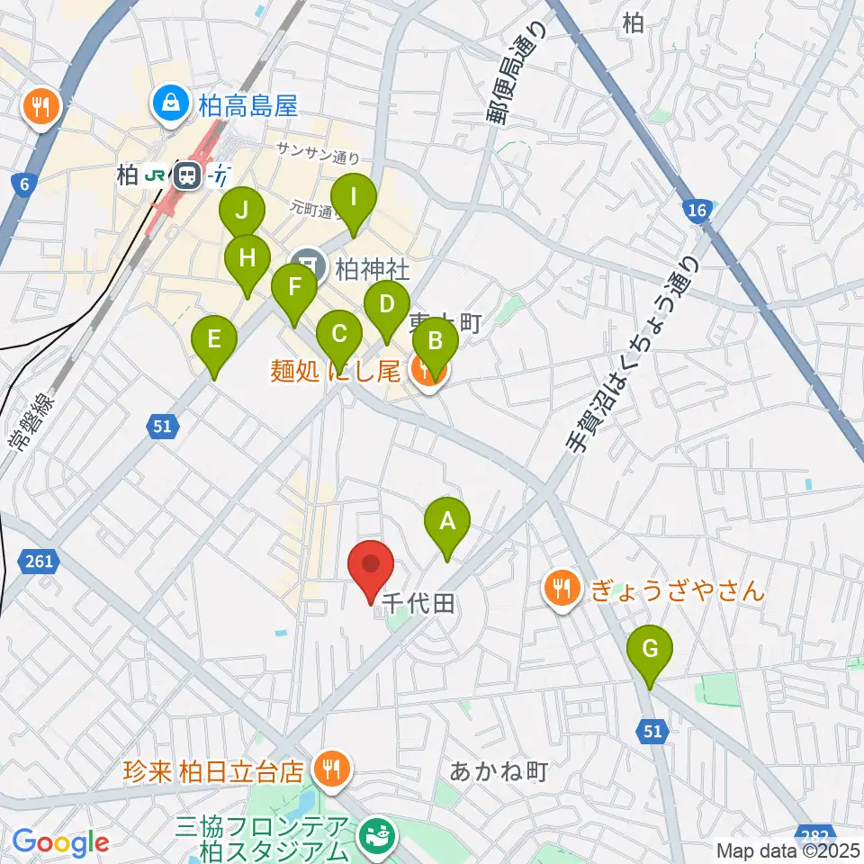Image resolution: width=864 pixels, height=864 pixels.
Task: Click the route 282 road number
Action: click(x=816, y=834)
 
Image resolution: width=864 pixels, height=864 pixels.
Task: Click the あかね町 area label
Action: click(x=498, y=771)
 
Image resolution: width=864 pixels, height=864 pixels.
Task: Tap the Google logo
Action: click(x=60, y=842)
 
